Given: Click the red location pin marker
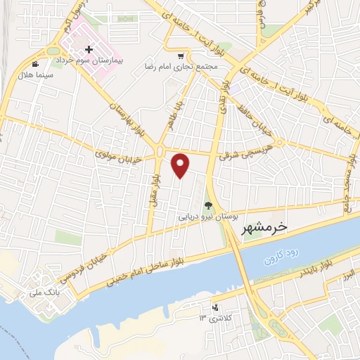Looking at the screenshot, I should coord(181,165).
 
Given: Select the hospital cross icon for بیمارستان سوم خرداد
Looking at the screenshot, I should coord(89,50).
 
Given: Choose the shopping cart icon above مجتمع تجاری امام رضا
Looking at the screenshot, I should coord(181,56).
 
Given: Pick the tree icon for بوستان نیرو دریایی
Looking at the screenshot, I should coord(207,205).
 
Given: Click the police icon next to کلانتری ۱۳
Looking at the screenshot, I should coord(215,307).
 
